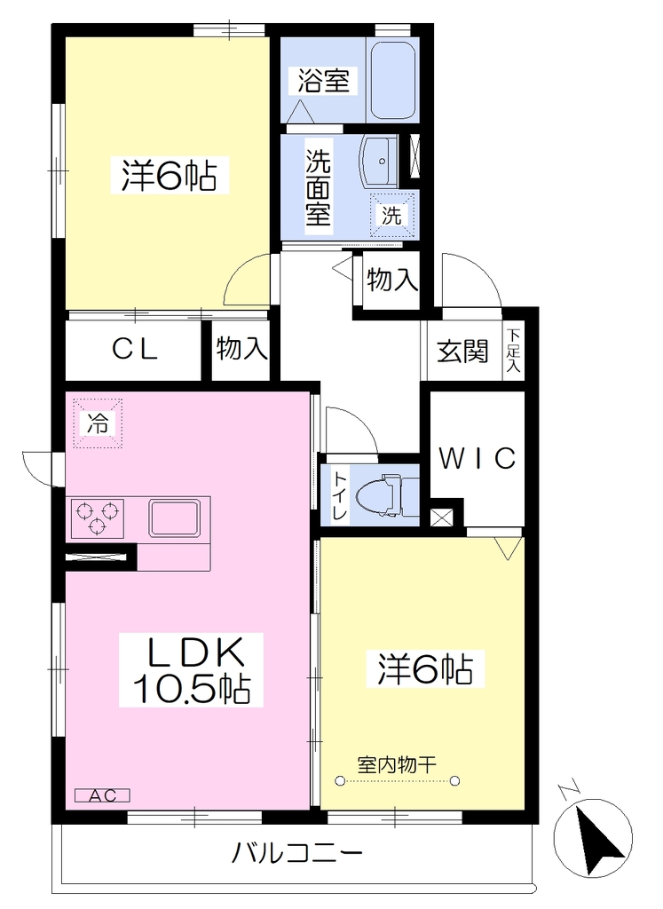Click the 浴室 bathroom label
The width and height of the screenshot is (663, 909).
pyautogui.click(x=323, y=81)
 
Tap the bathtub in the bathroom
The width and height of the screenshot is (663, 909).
pyautogui.click(x=393, y=81)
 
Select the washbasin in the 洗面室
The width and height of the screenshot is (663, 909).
pyautogui.click(x=380, y=160)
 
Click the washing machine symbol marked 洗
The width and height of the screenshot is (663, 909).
pyautogui.click(x=392, y=215)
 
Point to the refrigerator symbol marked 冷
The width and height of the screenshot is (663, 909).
pyautogui.click(x=98, y=423)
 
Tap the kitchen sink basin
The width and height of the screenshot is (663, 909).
pyautogui.click(x=175, y=518)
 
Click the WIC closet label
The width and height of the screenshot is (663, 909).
pyautogui.click(x=477, y=459)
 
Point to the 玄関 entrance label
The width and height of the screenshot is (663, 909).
pyautogui.click(x=462, y=352)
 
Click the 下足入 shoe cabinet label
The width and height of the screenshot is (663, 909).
pyautogui.click(x=514, y=351)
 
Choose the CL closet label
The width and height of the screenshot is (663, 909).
pyautogui.click(x=134, y=349)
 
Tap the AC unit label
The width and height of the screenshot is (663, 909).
pyautogui.click(x=103, y=795)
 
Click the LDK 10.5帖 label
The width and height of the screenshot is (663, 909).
pyautogui.click(x=191, y=669)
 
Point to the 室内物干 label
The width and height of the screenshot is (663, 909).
pyautogui.click(x=397, y=765)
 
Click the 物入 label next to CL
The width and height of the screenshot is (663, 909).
pyautogui.click(x=241, y=350)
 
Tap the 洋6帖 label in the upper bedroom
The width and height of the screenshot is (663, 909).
pyautogui.click(x=170, y=175)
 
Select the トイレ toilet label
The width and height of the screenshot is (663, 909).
pyautogui.click(x=340, y=494)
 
